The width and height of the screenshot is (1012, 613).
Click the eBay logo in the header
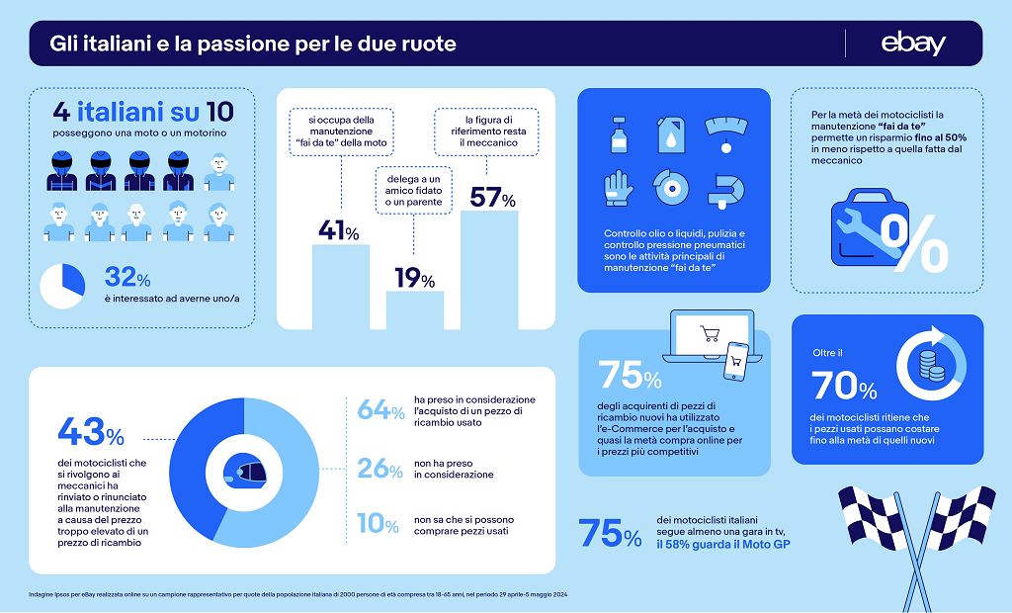pyautogui.click(x=913, y=44)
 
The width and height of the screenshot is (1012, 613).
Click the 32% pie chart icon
pyautogui.click(x=61, y=285)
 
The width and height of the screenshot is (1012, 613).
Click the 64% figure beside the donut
pyautogui.click(x=379, y=409)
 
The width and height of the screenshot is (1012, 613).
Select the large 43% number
pyautogui.click(x=91, y=432)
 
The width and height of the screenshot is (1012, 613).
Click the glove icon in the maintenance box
pyautogui.click(x=619, y=187)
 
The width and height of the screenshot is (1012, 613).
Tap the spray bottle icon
pyautogui.click(x=619, y=132)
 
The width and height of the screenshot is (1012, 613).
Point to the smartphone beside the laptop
pyautogui.click(x=736, y=360)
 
